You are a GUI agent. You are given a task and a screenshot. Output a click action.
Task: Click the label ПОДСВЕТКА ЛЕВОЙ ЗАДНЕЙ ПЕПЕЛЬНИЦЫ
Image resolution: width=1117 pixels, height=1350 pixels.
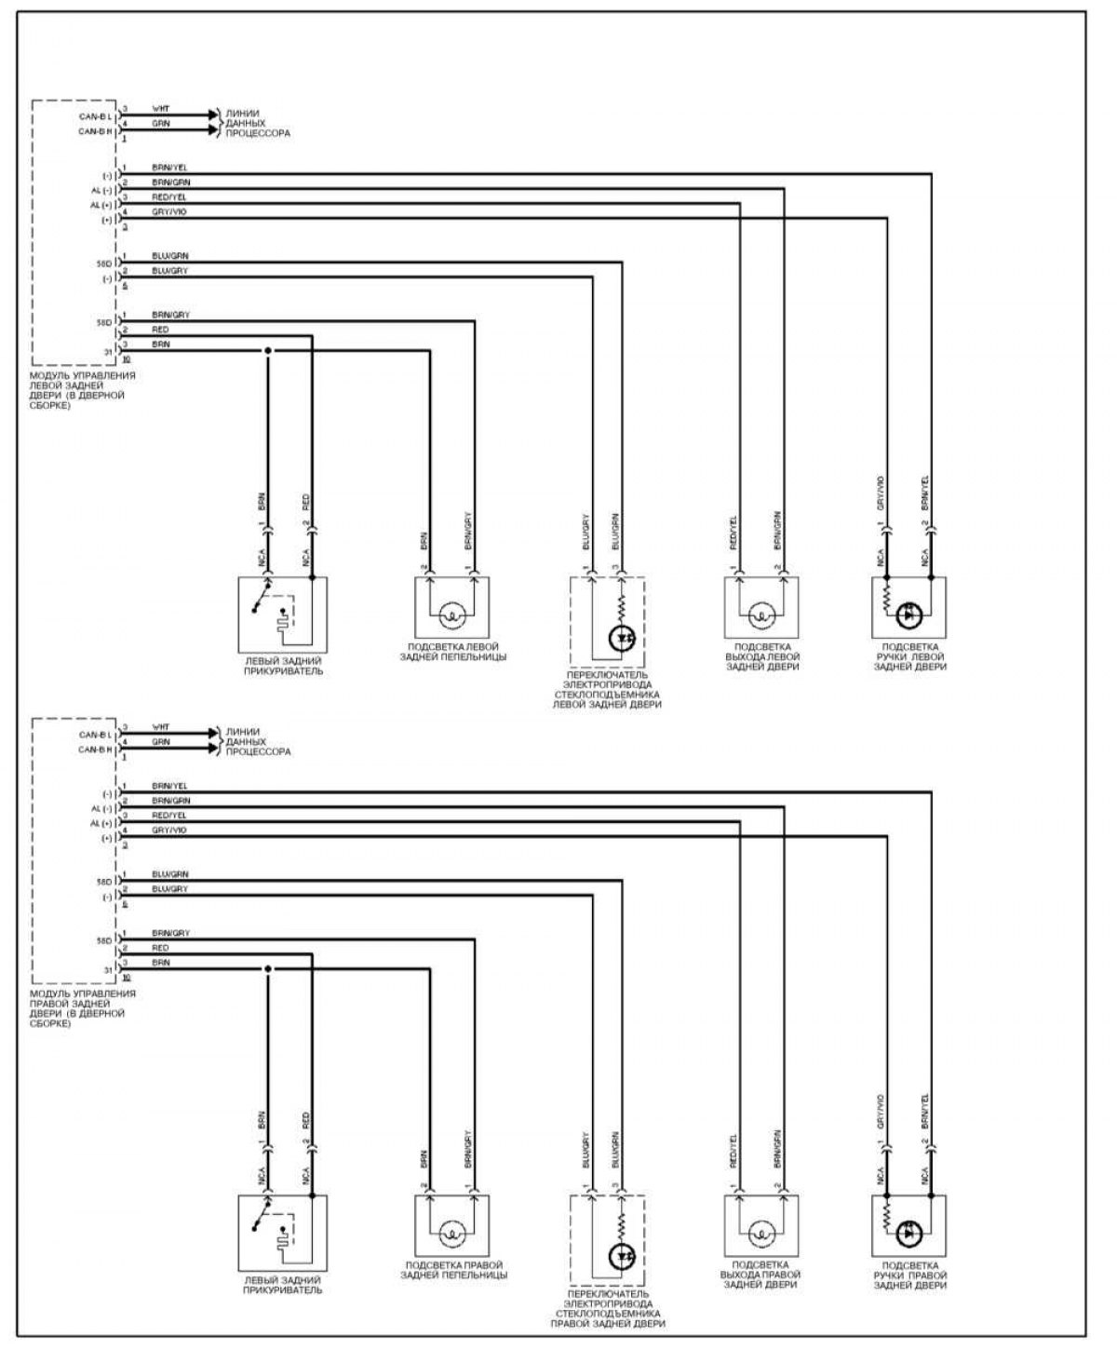coord(456,652)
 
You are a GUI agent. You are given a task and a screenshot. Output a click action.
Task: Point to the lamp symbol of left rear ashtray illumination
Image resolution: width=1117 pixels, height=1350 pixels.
coord(452,614)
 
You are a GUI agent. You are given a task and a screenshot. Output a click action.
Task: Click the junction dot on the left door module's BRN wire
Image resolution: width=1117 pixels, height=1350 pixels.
coord(268,351)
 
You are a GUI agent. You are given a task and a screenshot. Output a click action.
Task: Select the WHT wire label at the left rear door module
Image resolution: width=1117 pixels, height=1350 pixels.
coord(161,109)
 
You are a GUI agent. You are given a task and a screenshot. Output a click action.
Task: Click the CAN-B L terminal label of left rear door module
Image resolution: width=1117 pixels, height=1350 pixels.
coord(96,117)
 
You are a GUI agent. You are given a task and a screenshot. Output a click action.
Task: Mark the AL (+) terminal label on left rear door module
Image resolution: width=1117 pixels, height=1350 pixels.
coord(101,205)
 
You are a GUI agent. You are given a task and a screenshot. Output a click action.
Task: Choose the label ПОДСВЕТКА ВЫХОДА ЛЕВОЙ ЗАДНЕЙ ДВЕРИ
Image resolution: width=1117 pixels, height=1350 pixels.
coord(761,656)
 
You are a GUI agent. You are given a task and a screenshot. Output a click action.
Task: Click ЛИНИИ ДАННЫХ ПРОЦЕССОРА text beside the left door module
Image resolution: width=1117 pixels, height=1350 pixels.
coord(257,123)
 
